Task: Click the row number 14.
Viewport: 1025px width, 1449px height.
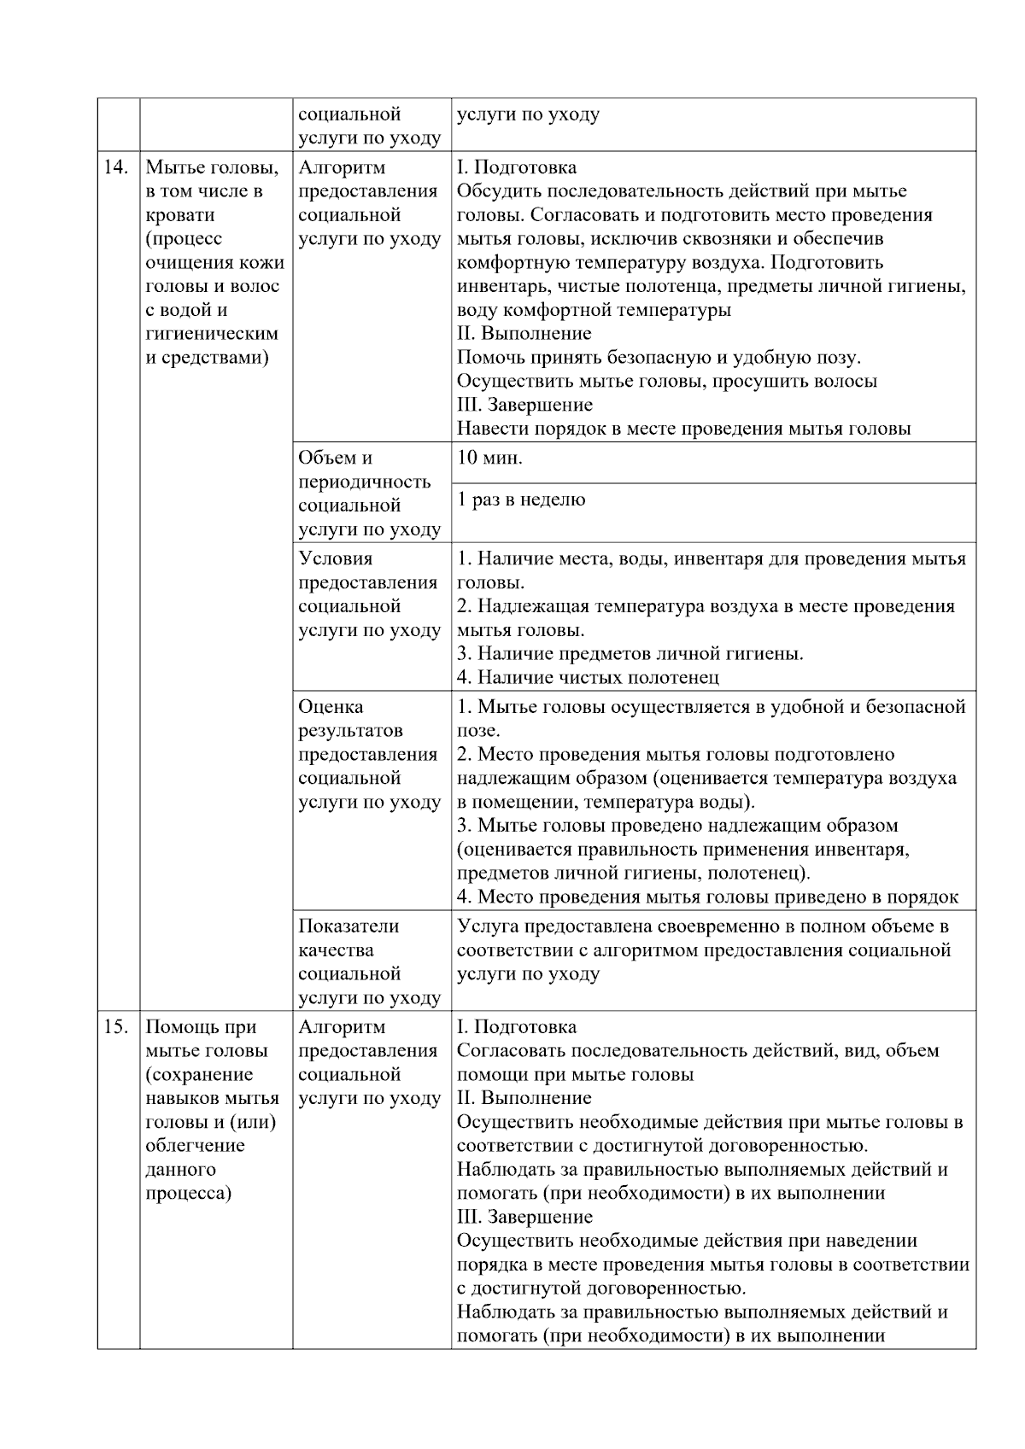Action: coord(115,167)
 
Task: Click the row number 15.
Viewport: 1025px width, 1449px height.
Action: coord(115,1027)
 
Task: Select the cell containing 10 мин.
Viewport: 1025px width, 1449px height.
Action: coord(490,458)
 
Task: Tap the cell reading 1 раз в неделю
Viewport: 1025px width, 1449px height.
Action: coord(521,500)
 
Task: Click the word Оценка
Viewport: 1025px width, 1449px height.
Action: coord(331,707)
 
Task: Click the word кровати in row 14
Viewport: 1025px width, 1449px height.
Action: coord(181,215)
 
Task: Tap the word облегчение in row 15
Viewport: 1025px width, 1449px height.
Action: coord(196,1146)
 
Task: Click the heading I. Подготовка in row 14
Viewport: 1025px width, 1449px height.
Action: coord(517,167)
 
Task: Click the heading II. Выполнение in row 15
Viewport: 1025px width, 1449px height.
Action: coord(524,1098)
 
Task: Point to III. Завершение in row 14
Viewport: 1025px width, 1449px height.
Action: coord(524,405)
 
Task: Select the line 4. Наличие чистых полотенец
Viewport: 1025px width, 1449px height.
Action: coord(588,678)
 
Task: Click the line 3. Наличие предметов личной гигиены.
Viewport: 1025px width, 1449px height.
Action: coord(630,654)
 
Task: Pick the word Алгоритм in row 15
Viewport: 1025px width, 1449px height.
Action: coord(342,1027)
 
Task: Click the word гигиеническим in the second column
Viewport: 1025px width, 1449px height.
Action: coord(213,334)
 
